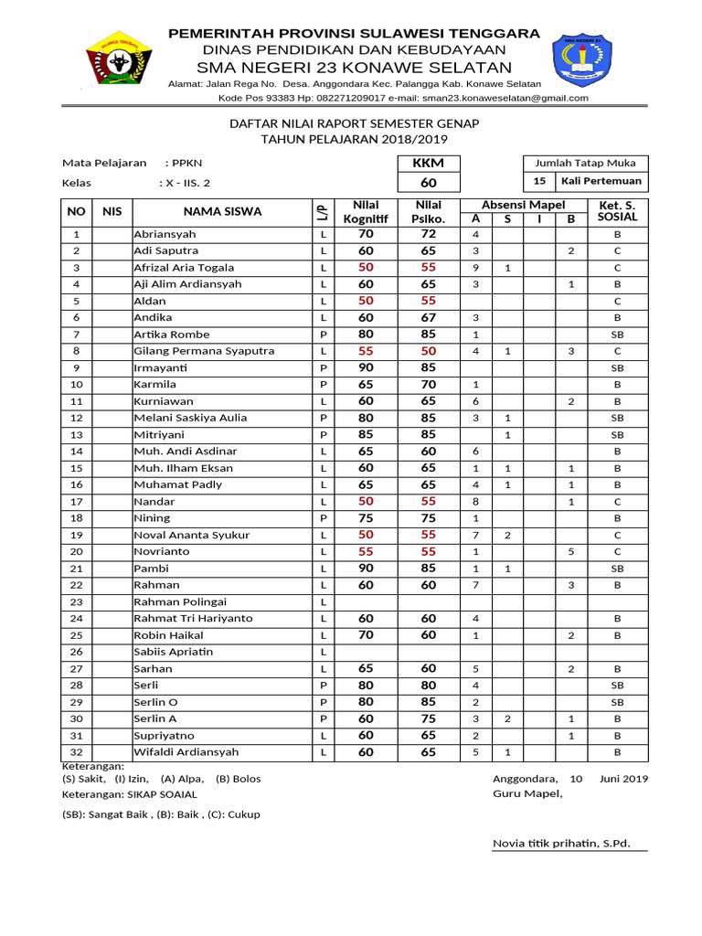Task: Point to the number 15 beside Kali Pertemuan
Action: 539,181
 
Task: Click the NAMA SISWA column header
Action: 222,211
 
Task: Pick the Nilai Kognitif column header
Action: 366,211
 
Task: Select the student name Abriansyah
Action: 165,234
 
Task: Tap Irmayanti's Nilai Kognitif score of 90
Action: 366,367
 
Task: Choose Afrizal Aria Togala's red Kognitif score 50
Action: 366,268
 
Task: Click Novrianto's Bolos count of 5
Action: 570,551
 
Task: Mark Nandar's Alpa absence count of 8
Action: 475,501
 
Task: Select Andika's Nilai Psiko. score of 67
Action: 429,317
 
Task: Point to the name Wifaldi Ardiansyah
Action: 186,751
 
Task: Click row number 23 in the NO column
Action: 77,601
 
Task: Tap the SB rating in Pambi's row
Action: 617,569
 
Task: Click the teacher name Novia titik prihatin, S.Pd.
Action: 561,843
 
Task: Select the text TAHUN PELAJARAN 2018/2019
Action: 354,139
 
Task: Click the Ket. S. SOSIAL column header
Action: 617,211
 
